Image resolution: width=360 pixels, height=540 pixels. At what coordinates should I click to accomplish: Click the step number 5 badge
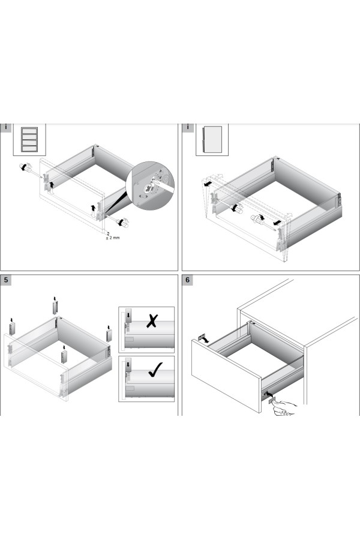(x=6, y=280)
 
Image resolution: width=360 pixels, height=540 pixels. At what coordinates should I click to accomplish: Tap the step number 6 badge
(x=187, y=280)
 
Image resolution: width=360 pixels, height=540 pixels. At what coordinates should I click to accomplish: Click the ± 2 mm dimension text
(x=113, y=238)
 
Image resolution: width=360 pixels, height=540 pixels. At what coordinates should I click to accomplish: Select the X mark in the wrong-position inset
(x=152, y=321)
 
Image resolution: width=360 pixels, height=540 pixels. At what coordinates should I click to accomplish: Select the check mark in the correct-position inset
(x=155, y=370)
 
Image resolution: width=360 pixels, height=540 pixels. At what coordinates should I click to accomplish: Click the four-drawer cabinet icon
(x=29, y=140)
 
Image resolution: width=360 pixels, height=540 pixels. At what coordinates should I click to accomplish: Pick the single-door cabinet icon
(x=212, y=139)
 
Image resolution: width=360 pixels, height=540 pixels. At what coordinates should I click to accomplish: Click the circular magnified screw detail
(x=150, y=185)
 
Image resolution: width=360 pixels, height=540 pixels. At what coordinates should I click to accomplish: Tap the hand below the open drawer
(x=284, y=408)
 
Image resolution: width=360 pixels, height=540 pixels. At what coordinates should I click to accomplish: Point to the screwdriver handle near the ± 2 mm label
(x=123, y=223)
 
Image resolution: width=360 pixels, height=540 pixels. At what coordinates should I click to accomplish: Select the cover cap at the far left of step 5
(x=12, y=329)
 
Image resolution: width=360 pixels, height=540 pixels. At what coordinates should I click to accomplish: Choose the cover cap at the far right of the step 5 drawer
(x=110, y=335)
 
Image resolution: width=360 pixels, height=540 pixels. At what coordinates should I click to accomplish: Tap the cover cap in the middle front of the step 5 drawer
(x=64, y=357)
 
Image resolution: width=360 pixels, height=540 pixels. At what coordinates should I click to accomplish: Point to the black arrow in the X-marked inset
(x=128, y=314)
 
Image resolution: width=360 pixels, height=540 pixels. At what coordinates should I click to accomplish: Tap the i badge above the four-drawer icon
(x=6, y=127)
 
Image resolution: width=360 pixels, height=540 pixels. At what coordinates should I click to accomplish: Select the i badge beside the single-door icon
(x=188, y=127)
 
